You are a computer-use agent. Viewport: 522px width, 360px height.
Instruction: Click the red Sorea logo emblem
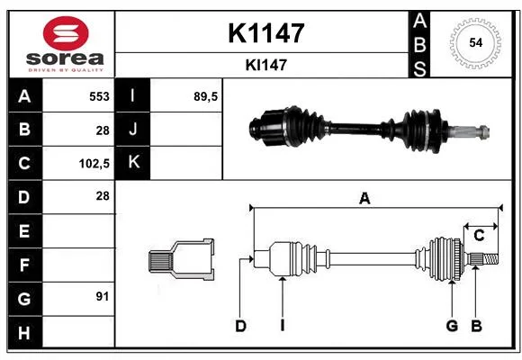pos(66,33)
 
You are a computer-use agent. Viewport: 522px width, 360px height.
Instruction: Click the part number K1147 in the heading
pos(266,33)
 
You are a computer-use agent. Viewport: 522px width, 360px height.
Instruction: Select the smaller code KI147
pos(266,65)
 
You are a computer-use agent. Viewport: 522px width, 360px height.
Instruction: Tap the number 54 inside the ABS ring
pos(475,42)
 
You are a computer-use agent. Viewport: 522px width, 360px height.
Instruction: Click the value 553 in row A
pos(99,96)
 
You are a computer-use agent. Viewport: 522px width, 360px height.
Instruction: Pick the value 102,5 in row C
pos(94,164)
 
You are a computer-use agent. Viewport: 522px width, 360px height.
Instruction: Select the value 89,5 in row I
pos(205,96)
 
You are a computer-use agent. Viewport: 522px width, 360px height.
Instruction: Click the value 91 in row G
pos(103,296)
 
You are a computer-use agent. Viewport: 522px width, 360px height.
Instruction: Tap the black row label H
pos(25,332)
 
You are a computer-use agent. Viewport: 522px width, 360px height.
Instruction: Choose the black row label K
pos(132,163)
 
